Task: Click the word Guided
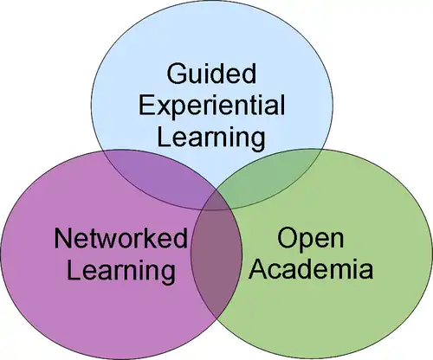pos(211,74)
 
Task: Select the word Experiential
pos(212,107)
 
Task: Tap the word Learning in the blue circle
pos(211,138)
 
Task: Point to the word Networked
pos(120,238)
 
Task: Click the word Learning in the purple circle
pos(121,272)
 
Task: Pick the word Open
pos(311,240)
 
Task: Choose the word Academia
pos(311,269)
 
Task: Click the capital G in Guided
pos(177,74)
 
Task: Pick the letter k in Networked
pos(156,238)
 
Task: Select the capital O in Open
pos(288,238)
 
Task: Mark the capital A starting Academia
pos(258,269)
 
